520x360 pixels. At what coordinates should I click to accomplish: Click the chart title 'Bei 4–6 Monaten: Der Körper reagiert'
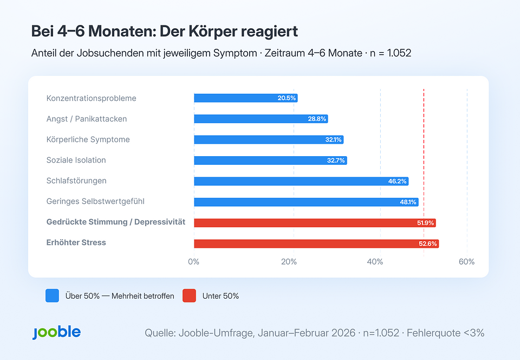click(165, 31)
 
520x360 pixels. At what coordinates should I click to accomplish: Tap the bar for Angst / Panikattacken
click(261, 119)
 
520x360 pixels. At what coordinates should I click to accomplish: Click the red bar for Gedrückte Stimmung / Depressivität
click(314, 223)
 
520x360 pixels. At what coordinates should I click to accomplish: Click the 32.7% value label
click(336, 160)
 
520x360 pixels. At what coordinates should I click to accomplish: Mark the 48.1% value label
click(408, 202)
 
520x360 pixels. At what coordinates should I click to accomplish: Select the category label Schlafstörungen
click(76, 181)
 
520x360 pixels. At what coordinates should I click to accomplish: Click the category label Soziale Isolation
click(76, 160)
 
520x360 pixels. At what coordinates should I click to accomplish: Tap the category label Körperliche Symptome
click(88, 139)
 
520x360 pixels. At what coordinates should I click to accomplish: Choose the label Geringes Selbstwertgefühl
click(95, 201)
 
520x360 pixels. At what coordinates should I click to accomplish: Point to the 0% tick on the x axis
click(193, 262)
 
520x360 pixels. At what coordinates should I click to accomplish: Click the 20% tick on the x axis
click(289, 262)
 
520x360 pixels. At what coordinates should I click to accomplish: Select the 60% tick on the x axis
click(466, 262)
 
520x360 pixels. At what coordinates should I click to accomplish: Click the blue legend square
click(53, 295)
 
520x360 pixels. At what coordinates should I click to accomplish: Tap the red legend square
click(189, 295)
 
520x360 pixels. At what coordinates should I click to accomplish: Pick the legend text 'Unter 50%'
click(220, 296)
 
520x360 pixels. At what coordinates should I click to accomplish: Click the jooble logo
click(56, 332)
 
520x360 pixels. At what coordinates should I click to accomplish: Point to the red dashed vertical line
click(424, 163)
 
